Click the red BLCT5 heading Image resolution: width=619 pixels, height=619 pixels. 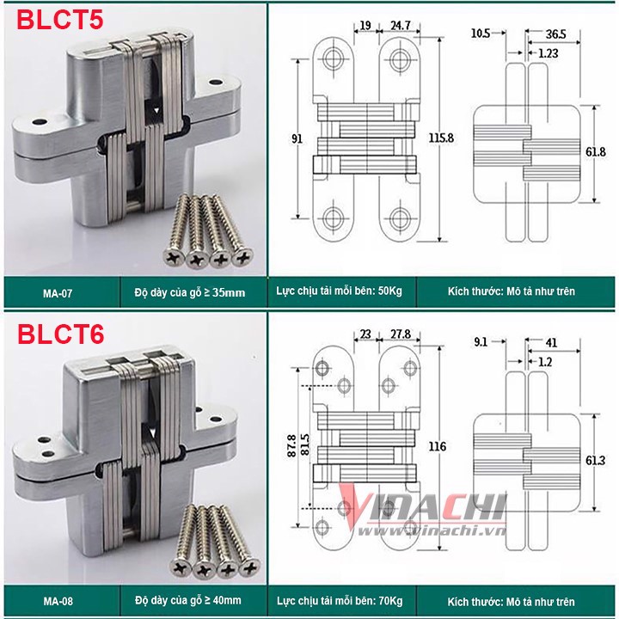point(60,19)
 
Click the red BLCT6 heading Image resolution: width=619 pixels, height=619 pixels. point(60,334)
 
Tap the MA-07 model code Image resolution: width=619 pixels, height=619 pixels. point(58,293)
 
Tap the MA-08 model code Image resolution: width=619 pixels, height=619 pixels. point(58,601)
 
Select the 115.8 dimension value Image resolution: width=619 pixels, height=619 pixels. point(441,138)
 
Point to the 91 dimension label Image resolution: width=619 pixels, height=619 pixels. point(297,138)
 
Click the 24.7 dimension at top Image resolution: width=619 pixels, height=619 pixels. point(401,25)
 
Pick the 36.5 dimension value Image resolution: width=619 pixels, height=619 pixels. point(556,34)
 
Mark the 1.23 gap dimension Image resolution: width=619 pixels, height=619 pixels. point(549,53)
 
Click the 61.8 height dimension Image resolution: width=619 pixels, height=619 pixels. point(595,152)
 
